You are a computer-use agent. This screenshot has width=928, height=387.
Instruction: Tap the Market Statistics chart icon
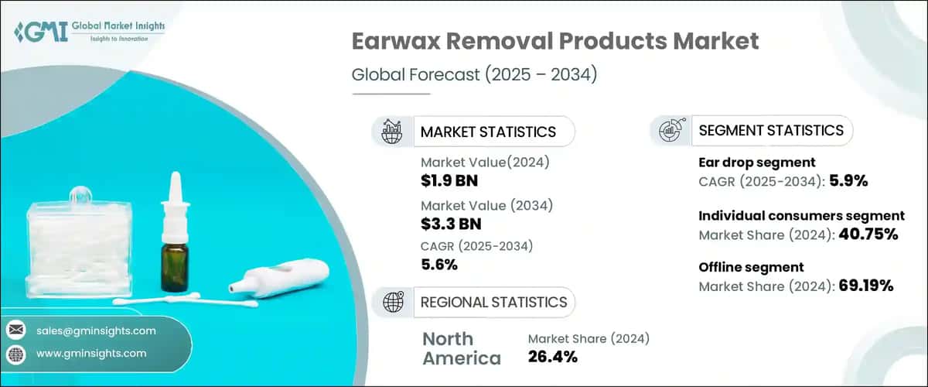(392, 132)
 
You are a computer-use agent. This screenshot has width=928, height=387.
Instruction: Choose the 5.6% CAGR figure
(438, 265)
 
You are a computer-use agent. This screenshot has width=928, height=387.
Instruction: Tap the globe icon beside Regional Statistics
(391, 302)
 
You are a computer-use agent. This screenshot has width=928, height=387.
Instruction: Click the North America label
(462, 348)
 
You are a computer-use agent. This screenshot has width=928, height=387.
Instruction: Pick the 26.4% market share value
(553, 357)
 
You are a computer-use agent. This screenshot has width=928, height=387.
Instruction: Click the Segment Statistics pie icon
(670, 131)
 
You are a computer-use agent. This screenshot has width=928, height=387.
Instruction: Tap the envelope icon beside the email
(15, 330)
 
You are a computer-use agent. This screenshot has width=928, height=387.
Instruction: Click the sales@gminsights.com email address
(96, 330)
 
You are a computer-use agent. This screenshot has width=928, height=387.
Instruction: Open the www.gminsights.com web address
(91, 354)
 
